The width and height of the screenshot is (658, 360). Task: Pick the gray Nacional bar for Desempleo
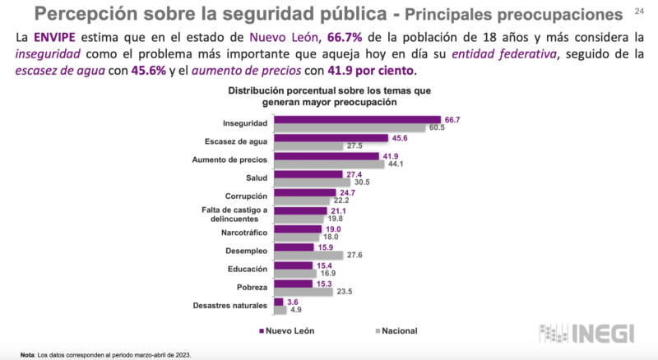(308, 256)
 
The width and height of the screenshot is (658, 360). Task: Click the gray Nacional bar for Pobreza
(302, 292)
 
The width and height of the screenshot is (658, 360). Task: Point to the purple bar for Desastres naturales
(278, 302)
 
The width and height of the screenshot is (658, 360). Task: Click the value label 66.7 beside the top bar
(451, 120)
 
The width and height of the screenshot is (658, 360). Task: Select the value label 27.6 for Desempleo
(354, 256)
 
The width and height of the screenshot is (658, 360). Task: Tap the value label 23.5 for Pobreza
(343, 292)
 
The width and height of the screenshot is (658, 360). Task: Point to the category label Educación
(247, 268)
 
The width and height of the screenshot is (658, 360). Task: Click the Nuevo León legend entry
(289, 331)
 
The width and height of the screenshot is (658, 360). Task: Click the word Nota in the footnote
(28, 354)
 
